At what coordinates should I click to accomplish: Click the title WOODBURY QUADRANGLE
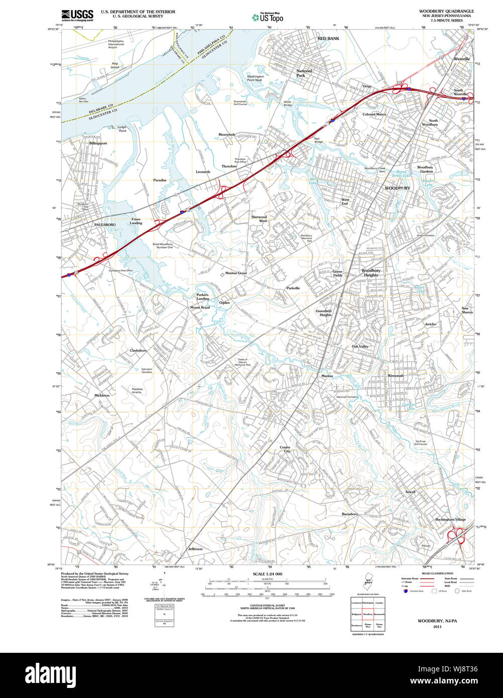tap(446, 11)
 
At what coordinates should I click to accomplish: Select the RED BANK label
tap(328, 38)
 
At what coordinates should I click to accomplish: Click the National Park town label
tap(304, 73)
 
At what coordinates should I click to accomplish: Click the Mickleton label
tap(102, 396)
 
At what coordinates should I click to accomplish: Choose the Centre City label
tap(285, 449)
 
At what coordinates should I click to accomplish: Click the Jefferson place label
tap(195, 549)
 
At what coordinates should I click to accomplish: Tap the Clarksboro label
tap(138, 350)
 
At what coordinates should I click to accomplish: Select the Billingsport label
tap(98, 143)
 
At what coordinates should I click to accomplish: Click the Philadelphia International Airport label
tap(116, 44)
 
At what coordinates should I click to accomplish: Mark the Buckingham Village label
tap(451, 519)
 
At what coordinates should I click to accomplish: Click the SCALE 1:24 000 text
tap(268, 574)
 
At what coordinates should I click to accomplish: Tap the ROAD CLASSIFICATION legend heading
tap(438, 573)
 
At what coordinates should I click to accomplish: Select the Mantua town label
tap(327, 376)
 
